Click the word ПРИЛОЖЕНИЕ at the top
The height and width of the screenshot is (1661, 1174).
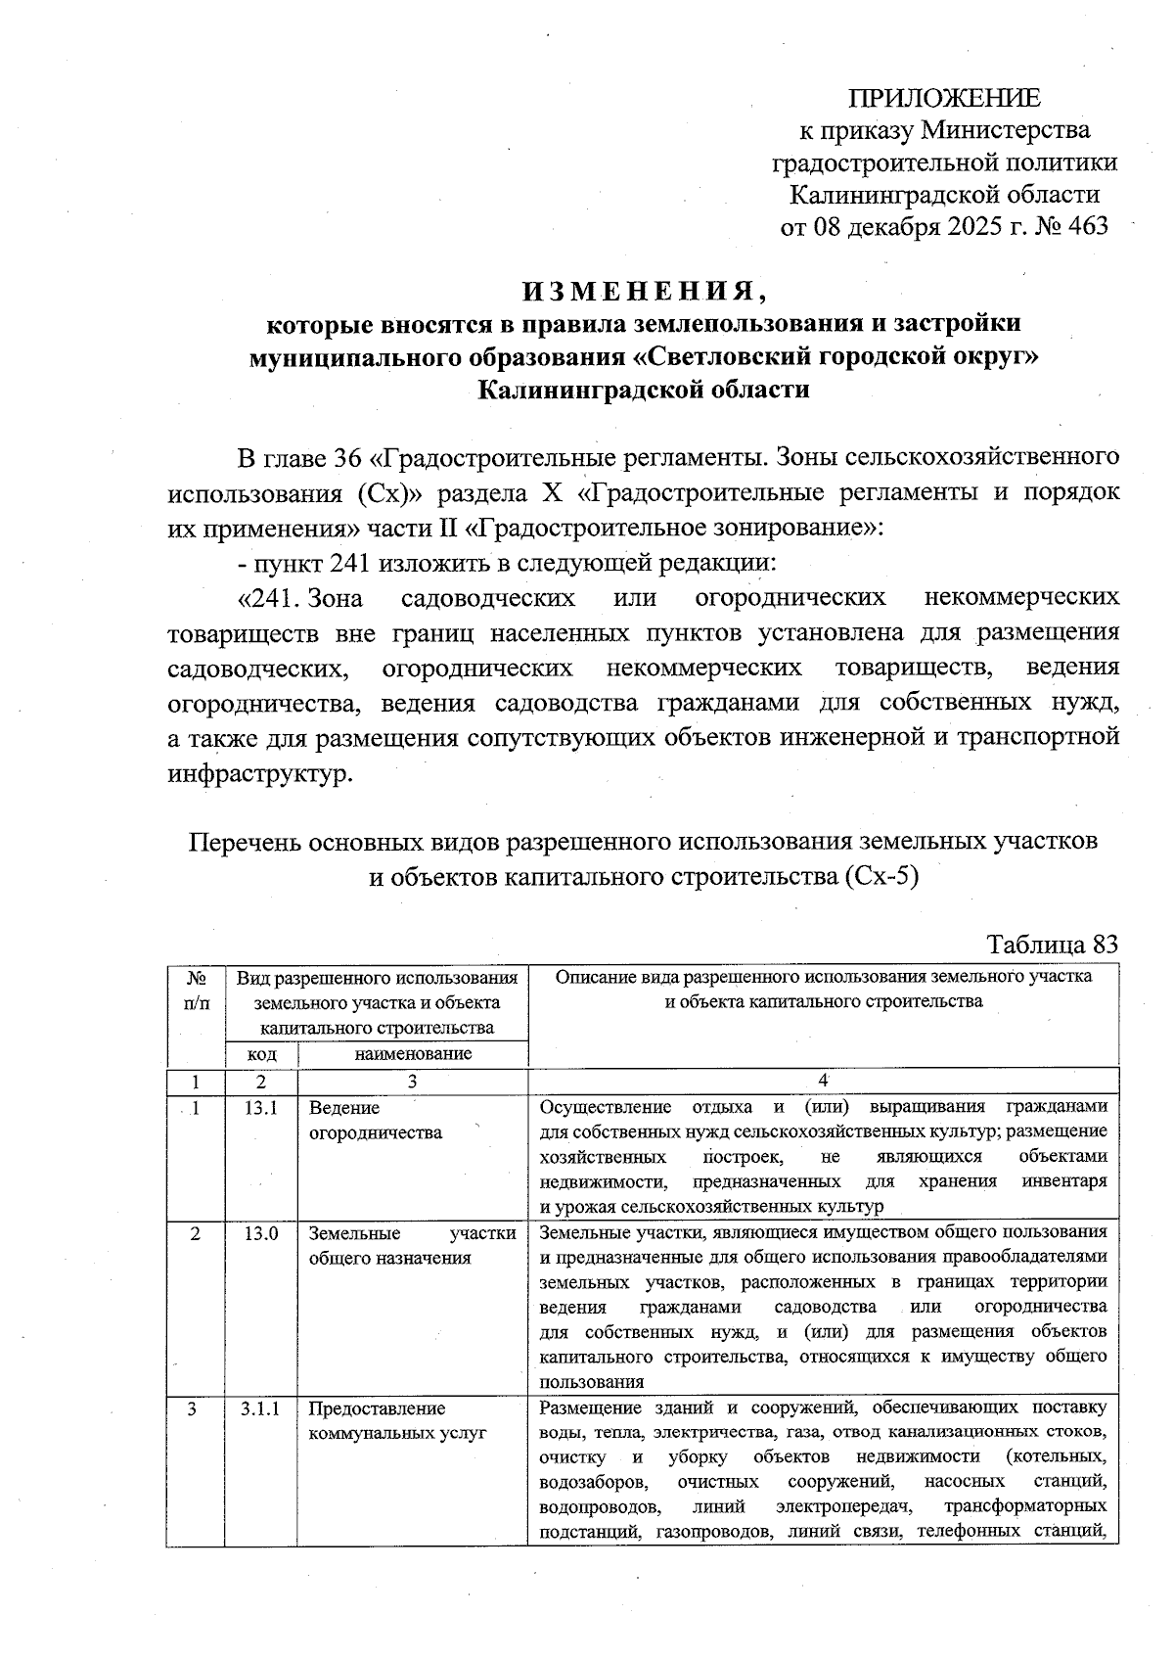[944, 99]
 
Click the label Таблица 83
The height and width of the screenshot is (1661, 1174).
[1052, 945]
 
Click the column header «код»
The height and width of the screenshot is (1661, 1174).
[261, 1054]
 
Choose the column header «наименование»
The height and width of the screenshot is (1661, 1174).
[412, 1054]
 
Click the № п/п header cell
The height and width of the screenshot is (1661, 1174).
[196, 990]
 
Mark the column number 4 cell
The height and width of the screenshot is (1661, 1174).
[823, 1081]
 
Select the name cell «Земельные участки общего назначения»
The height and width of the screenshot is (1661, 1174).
[412, 1245]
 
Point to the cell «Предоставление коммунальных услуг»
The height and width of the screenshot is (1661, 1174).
[397, 1420]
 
